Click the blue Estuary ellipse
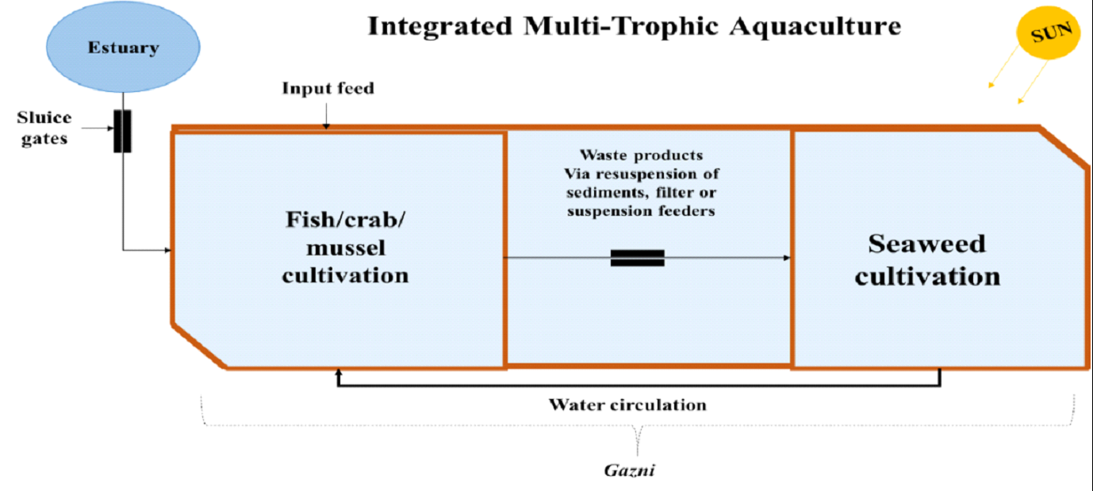pyautogui.click(x=123, y=48)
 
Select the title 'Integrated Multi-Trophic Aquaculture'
pyautogui.click(x=634, y=26)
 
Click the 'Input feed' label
pyautogui.click(x=328, y=88)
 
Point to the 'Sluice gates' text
pyautogui.click(x=44, y=127)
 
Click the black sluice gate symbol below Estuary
pyautogui.click(x=123, y=131)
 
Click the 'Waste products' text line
pyautogui.click(x=641, y=155)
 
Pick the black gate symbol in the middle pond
pyautogui.click(x=637, y=258)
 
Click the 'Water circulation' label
pyautogui.click(x=627, y=405)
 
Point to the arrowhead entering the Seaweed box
pyautogui.click(x=787, y=258)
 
